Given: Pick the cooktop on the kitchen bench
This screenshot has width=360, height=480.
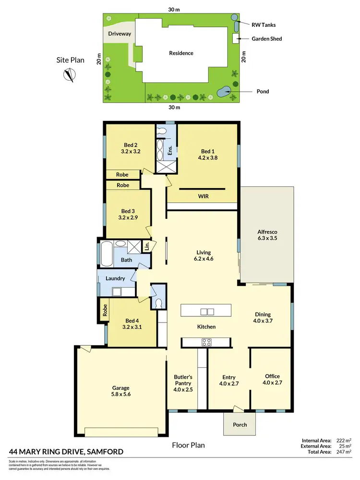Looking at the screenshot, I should coord(207,342).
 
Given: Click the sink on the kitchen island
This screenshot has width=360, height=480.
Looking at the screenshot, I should coord(207,312).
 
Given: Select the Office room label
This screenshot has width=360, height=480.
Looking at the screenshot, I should coord(272,376).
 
